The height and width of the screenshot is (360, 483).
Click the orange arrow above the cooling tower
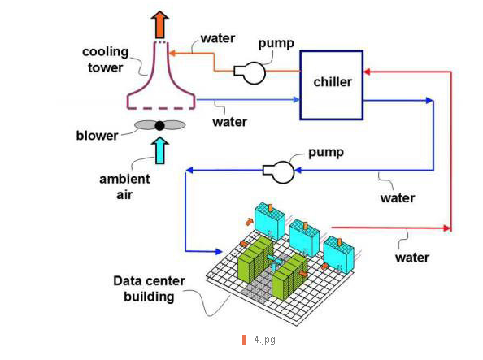tap(160, 24)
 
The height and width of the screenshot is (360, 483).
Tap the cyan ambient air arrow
tap(160, 150)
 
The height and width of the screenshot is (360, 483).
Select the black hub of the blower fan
tap(159, 125)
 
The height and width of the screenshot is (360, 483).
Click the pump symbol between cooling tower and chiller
tap(250, 72)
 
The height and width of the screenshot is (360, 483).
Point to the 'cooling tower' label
tap(106, 59)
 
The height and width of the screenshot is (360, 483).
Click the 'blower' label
tap(97, 136)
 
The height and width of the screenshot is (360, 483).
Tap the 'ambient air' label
tap(124, 187)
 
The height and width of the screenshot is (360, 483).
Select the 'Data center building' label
tap(149, 288)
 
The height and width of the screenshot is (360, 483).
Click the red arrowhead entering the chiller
tap(367, 72)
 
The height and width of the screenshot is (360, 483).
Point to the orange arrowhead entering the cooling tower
tap(172, 53)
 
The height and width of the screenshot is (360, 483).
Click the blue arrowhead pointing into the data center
tap(219, 252)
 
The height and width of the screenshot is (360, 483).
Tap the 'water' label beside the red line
tap(412, 258)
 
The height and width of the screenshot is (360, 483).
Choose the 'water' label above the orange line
tap(218, 38)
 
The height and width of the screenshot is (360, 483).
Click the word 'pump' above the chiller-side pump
tap(276, 43)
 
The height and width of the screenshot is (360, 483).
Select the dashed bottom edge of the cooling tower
tap(161, 108)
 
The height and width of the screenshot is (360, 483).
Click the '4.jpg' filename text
tap(264, 340)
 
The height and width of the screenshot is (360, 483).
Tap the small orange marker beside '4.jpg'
tap(244, 340)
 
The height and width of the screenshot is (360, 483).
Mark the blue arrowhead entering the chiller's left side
tap(296, 99)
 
